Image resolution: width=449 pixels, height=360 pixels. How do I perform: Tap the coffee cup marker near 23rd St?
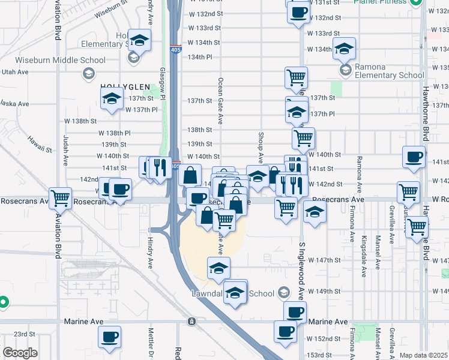coord(109,337)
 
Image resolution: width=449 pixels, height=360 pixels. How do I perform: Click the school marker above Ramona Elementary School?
coord(345,48)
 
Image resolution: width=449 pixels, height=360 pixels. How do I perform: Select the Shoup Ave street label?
coord(261,148)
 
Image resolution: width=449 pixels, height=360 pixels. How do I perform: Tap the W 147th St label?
coord(326,260)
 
